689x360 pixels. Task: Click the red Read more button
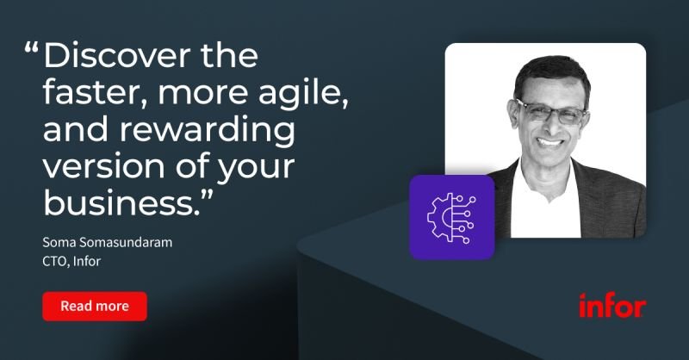coord(95,306)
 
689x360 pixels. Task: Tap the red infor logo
coord(612,305)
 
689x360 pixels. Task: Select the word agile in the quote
coord(303,94)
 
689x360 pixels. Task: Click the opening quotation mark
coord(32,47)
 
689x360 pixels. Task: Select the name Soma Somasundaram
coord(107,242)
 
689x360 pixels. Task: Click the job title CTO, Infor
coord(71,261)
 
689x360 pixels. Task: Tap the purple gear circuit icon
coord(451,217)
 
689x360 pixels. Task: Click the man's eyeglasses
coord(552,112)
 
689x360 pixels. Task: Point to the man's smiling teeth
coord(550,142)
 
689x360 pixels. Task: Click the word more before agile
coord(203,94)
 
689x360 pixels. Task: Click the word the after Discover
coord(229,55)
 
